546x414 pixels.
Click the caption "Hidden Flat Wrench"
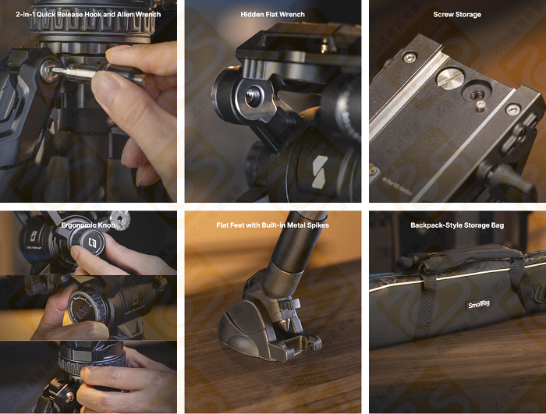(x=272, y=14)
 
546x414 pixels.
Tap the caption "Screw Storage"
(x=457, y=14)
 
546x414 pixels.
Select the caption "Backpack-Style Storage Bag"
(x=457, y=225)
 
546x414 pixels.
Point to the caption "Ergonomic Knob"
(x=87, y=225)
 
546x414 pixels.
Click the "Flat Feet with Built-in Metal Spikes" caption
(x=272, y=225)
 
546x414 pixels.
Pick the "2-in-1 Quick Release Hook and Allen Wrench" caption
(x=88, y=14)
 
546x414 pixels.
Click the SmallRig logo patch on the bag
(x=479, y=305)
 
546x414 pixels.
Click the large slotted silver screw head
(x=449, y=78)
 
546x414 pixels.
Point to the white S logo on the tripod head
(x=320, y=172)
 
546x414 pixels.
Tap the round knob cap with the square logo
(x=91, y=242)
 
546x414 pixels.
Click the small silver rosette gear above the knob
(x=120, y=219)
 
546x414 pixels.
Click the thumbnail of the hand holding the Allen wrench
(x=88, y=101)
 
